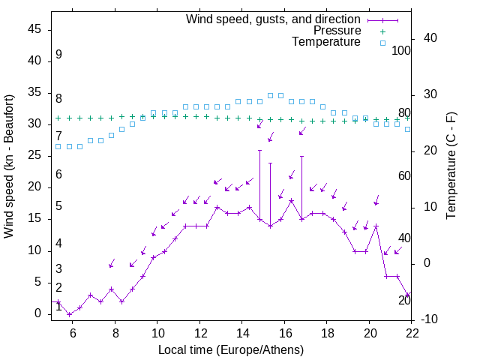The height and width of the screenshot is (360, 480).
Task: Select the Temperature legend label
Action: (326, 42)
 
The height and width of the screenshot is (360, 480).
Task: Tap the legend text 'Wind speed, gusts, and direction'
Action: (274, 19)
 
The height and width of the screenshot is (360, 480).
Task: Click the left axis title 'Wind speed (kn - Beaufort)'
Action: (9, 166)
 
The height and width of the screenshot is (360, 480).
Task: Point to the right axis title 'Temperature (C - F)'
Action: (451, 166)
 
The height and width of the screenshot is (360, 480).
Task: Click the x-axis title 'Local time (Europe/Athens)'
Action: (231, 349)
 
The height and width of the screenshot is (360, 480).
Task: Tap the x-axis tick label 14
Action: (242, 332)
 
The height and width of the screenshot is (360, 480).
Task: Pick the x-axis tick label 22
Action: (412, 332)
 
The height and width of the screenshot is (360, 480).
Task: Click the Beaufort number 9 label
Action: (58, 55)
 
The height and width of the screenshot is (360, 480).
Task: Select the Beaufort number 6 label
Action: (58, 175)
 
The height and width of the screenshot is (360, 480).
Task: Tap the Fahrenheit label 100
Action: (402, 50)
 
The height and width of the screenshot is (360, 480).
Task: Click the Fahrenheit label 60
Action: (404, 175)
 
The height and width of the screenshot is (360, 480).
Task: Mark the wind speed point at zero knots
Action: (69, 314)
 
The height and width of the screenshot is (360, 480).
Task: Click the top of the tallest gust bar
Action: (259, 150)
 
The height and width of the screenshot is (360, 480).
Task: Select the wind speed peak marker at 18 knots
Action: (291, 200)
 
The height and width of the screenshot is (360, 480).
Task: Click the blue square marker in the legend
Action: (382, 43)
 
